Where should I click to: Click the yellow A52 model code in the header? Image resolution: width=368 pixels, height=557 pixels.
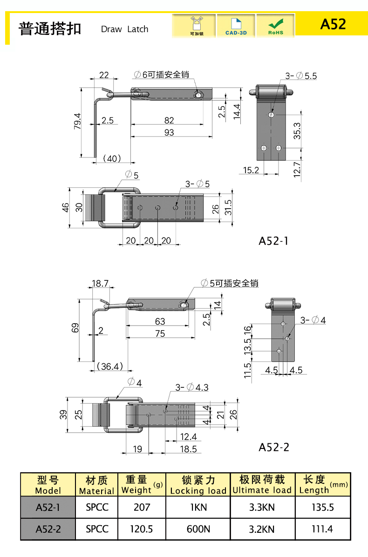[x=333, y=24]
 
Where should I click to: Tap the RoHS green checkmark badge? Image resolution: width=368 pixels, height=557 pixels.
[x=276, y=25]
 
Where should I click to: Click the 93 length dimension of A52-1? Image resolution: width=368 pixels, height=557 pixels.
[x=169, y=133]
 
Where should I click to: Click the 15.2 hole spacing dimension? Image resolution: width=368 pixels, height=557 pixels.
[x=251, y=170]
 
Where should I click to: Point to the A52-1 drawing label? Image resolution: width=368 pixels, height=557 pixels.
[x=273, y=241]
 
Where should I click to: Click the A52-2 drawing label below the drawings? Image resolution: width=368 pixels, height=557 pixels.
[x=274, y=447]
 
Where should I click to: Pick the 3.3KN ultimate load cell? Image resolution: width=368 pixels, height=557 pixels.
[x=262, y=507]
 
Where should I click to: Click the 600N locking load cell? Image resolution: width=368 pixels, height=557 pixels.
[x=198, y=529]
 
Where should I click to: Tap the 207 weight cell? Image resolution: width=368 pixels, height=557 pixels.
[x=142, y=507]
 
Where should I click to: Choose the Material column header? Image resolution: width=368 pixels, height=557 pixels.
[x=96, y=485]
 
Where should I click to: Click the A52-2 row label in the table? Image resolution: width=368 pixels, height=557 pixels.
[x=48, y=529]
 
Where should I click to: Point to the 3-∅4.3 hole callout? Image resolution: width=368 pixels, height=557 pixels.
[x=192, y=387]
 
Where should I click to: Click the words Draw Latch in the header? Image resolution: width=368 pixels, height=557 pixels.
[x=124, y=29]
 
